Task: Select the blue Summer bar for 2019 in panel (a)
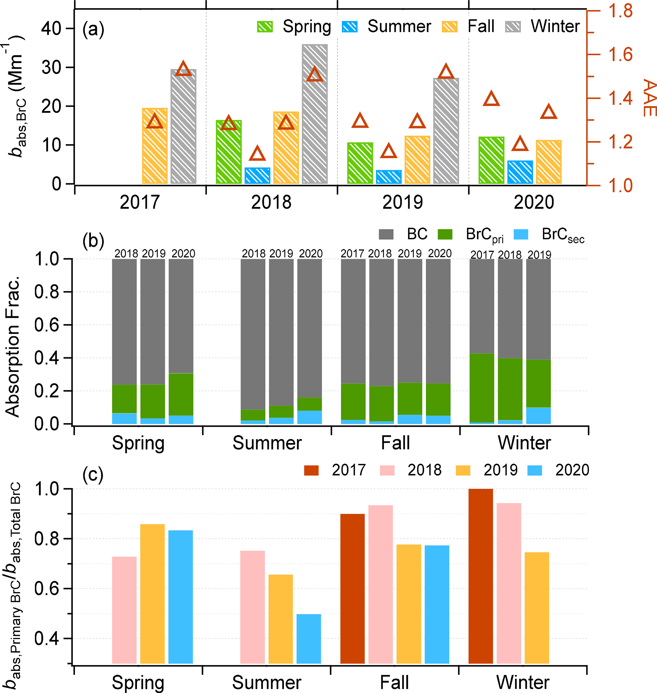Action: (x=389, y=177)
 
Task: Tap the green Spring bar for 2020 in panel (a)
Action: (x=491, y=160)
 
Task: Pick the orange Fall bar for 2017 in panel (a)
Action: (x=154, y=145)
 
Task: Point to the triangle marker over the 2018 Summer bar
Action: (x=257, y=154)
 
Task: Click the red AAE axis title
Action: (x=649, y=98)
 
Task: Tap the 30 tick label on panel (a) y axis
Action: (x=51, y=68)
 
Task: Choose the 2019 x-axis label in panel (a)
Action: (x=402, y=203)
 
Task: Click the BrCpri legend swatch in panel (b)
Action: (x=445, y=234)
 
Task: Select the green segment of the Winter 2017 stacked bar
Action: (x=482, y=388)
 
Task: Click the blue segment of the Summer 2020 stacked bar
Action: (x=309, y=417)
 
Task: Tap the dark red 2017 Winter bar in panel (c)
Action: (x=481, y=576)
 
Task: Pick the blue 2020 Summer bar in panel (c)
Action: (x=309, y=638)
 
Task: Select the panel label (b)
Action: (x=93, y=241)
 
